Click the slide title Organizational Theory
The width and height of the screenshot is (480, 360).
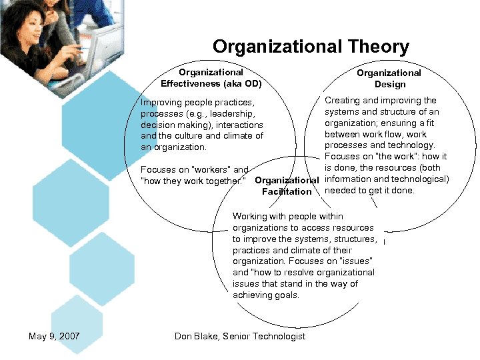[311, 47]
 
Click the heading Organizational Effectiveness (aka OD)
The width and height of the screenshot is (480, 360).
[211, 78]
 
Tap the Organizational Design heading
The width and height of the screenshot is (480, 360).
[389, 79]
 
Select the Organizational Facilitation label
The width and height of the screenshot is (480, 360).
[287, 186]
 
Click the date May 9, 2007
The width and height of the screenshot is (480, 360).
[54, 336]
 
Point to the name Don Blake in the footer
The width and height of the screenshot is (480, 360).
[197, 336]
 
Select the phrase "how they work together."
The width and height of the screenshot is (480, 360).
[193, 181]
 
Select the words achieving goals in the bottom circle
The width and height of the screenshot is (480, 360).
[266, 295]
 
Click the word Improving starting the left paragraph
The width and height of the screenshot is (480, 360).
[159, 103]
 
